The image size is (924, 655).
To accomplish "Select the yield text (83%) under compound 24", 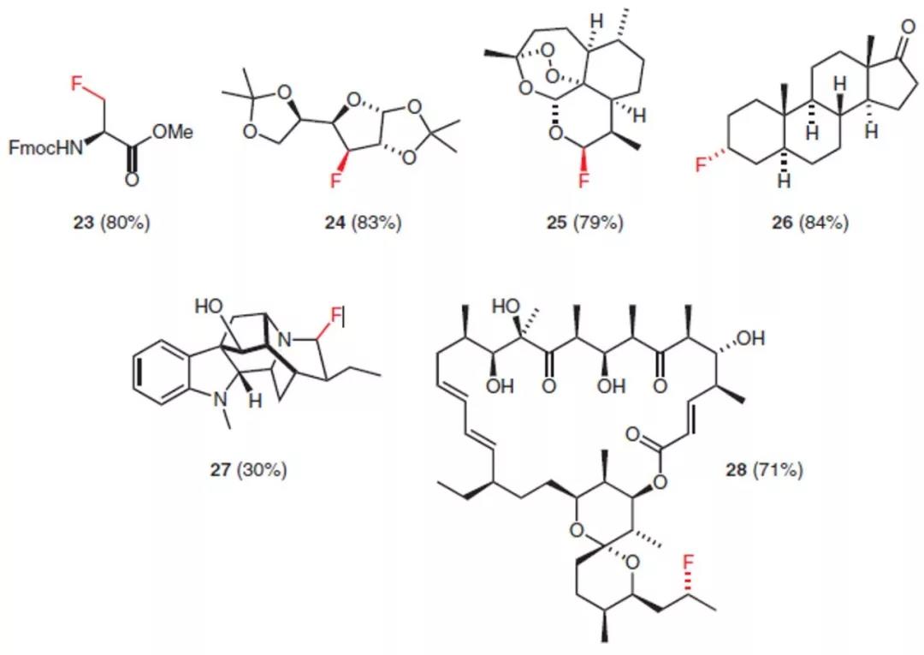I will pyautogui.click(x=377, y=224).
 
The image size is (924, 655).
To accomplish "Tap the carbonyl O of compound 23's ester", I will pyautogui.click(x=131, y=180).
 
